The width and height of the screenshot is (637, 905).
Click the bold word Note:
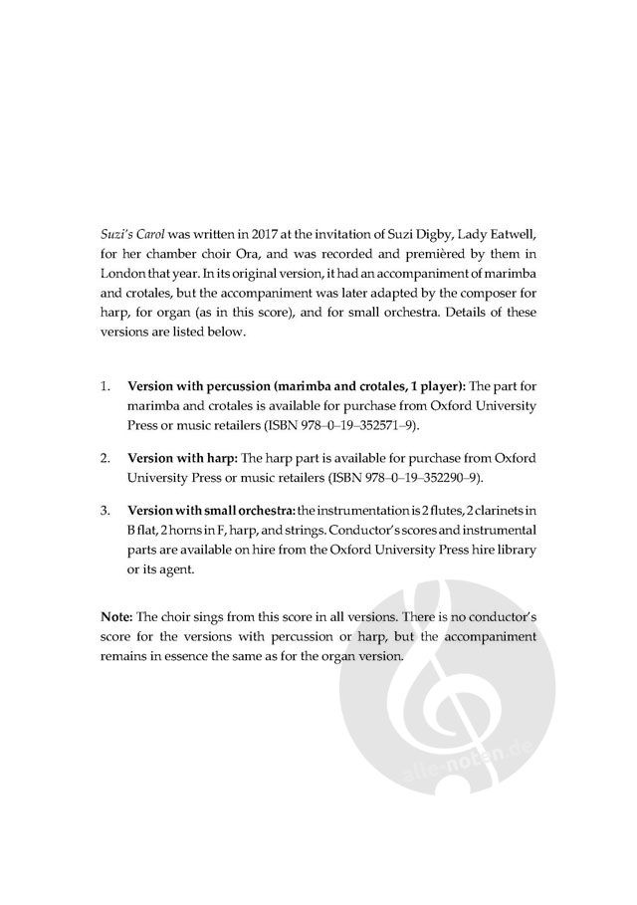(x=118, y=615)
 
